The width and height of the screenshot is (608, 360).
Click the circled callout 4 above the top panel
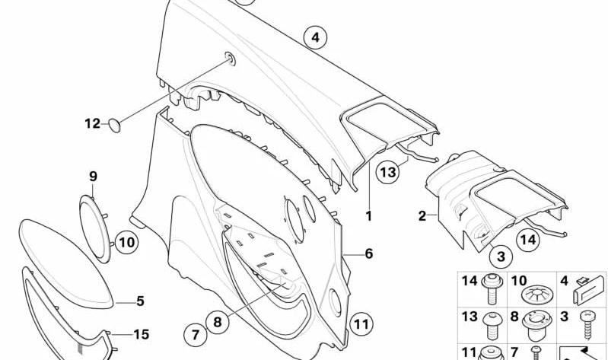click(x=315, y=37)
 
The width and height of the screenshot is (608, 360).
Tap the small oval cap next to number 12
click(x=114, y=126)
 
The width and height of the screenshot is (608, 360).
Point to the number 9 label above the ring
click(x=93, y=177)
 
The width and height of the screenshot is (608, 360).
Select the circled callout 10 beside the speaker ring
click(x=126, y=243)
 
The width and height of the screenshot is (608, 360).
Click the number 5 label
click(x=140, y=301)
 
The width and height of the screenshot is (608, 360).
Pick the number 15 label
click(x=141, y=334)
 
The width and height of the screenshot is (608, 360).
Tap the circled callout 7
click(x=195, y=335)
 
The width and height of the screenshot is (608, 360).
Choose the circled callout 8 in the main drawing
click(x=217, y=323)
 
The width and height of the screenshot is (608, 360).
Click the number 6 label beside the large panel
click(x=369, y=253)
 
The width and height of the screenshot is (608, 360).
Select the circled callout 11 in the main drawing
click(x=361, y=324)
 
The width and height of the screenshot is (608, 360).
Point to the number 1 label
click(x=369, y=216)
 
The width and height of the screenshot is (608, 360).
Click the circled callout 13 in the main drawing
click(x=388, y=171)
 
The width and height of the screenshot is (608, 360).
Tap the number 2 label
click(x=422, y=215)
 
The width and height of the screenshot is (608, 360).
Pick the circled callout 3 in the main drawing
click(x=501, y=256)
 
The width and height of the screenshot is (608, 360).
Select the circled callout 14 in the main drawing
click(x=528, y=240)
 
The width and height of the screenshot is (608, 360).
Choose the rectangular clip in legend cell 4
click(x=589, y=290)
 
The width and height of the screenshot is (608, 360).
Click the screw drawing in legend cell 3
click(x=588, y=325)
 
